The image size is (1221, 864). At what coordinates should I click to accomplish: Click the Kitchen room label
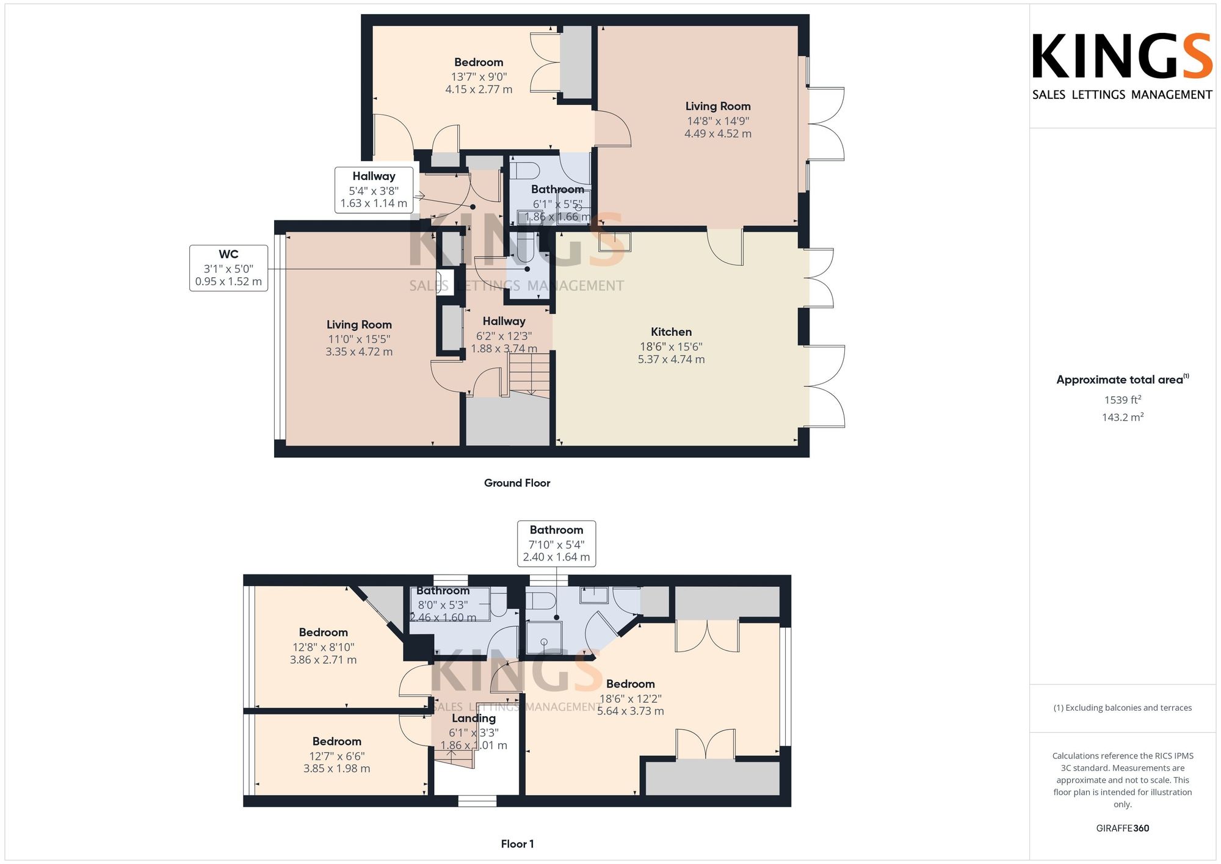coord(671,332)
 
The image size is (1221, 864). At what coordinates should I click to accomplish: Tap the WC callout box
coord(229,268)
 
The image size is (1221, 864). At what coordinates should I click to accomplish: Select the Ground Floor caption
coord(517,483)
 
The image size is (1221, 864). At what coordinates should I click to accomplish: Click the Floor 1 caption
coord(517,844)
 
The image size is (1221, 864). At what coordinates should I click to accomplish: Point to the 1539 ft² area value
coord(1123,400)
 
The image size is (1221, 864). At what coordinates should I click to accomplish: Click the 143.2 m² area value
coord(1123,418)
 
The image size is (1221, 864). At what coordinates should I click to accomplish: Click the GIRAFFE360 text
coord(1123,829)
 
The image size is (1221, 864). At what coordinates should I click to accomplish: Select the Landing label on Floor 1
coord(474,719)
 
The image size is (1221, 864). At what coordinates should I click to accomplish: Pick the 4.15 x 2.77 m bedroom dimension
coord(479,89)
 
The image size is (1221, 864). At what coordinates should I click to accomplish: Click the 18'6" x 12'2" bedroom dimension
coord(631,699)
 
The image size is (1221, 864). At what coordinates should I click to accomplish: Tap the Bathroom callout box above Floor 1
coord(556,543)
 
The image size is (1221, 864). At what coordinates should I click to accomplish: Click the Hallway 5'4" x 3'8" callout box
coord(374,190)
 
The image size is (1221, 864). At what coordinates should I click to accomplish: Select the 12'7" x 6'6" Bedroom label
coord(337,755)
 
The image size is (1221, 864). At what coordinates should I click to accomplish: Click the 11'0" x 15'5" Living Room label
coord(359,338)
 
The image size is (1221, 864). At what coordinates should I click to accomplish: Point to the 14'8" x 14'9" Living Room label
coord(718,120)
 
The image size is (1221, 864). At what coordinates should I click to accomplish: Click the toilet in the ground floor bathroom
coord(524,169)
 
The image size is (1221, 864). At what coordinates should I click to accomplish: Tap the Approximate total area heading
coord(1123,379)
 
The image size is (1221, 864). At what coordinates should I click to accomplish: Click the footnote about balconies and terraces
coord(1123,708)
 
